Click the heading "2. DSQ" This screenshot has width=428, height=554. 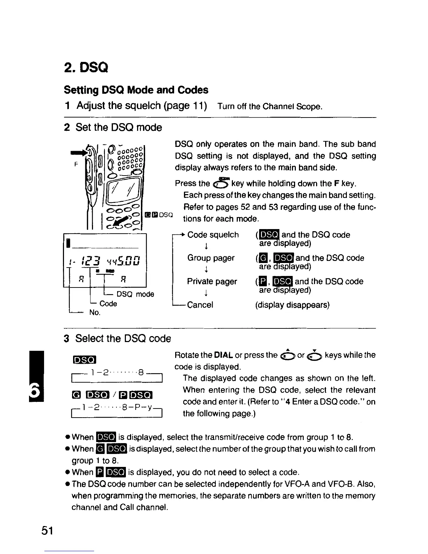pyautogui.click(x=86, y=67)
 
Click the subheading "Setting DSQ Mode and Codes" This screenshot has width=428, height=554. pyautogui.click(x=136, y=90)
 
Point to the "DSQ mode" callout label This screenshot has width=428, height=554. pyautogui.click(x=135, y=294)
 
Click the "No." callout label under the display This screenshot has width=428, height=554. pyautogui.click(x=95, y=312)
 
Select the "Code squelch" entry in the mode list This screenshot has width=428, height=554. pyautogui.click(x=213, y=235)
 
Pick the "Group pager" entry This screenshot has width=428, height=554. pyautogui.click(x=211, y=258)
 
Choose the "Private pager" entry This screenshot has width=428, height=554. pyautogui.click(x=212, y=282)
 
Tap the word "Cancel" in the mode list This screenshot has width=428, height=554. pyautogui.click(x=200, y=305)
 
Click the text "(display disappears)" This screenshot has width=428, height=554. pyautogui.click(x=292, y=305)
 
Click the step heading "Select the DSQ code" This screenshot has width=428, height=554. pyautogui.click(x=123, y=339)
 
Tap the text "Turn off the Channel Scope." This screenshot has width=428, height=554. pyautogui.click(x=270, y=106)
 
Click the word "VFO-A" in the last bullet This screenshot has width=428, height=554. pyautogui.click(x=324, y=484)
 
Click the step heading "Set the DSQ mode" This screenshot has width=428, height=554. pyautogui.click(x=119, y=127)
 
